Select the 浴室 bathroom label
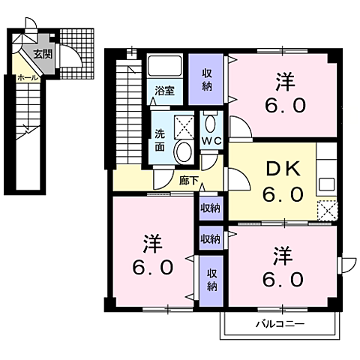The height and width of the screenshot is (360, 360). (164, 91)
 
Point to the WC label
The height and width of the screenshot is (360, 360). (209, 141)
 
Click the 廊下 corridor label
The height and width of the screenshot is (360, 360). (189, 179)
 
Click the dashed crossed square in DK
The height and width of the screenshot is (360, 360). (327, 209)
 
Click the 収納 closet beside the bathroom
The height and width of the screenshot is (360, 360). (208, 80)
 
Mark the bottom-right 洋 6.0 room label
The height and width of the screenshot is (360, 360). (283, 267)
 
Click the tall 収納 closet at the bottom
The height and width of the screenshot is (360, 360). (212, 279)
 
